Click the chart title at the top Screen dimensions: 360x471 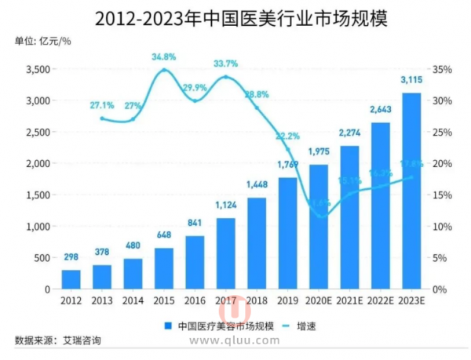coord(235,17)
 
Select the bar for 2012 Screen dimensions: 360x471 coord(71,279)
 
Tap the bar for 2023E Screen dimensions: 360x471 coord(411,191)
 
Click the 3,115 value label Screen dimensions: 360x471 coord(411,80)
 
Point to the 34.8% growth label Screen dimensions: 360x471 coord(164,57)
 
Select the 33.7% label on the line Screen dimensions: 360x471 coord(227,64)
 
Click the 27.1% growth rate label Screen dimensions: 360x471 coord(103,104)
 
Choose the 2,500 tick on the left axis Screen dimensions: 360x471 coord(36,132)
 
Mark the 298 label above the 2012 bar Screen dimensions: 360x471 coord(71,257)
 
